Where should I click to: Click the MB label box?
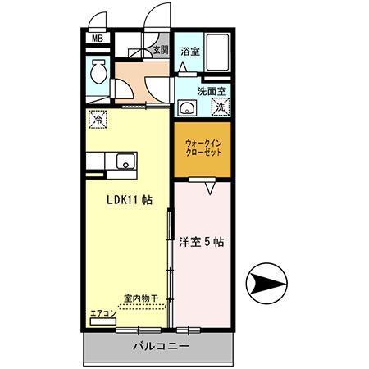[x=97, y=39]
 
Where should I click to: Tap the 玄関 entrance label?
[x=159, y=51]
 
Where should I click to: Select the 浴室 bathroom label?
[x=189, y=51]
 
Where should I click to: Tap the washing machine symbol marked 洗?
[x=220, y=107]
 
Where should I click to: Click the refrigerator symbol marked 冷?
[x=98, y=119]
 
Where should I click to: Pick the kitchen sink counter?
[x=123, y=162]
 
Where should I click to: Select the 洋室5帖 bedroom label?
[x=202, y=242]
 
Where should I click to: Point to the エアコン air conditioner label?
[x=102, y=314]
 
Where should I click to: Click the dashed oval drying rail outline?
[x=141, y=307]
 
